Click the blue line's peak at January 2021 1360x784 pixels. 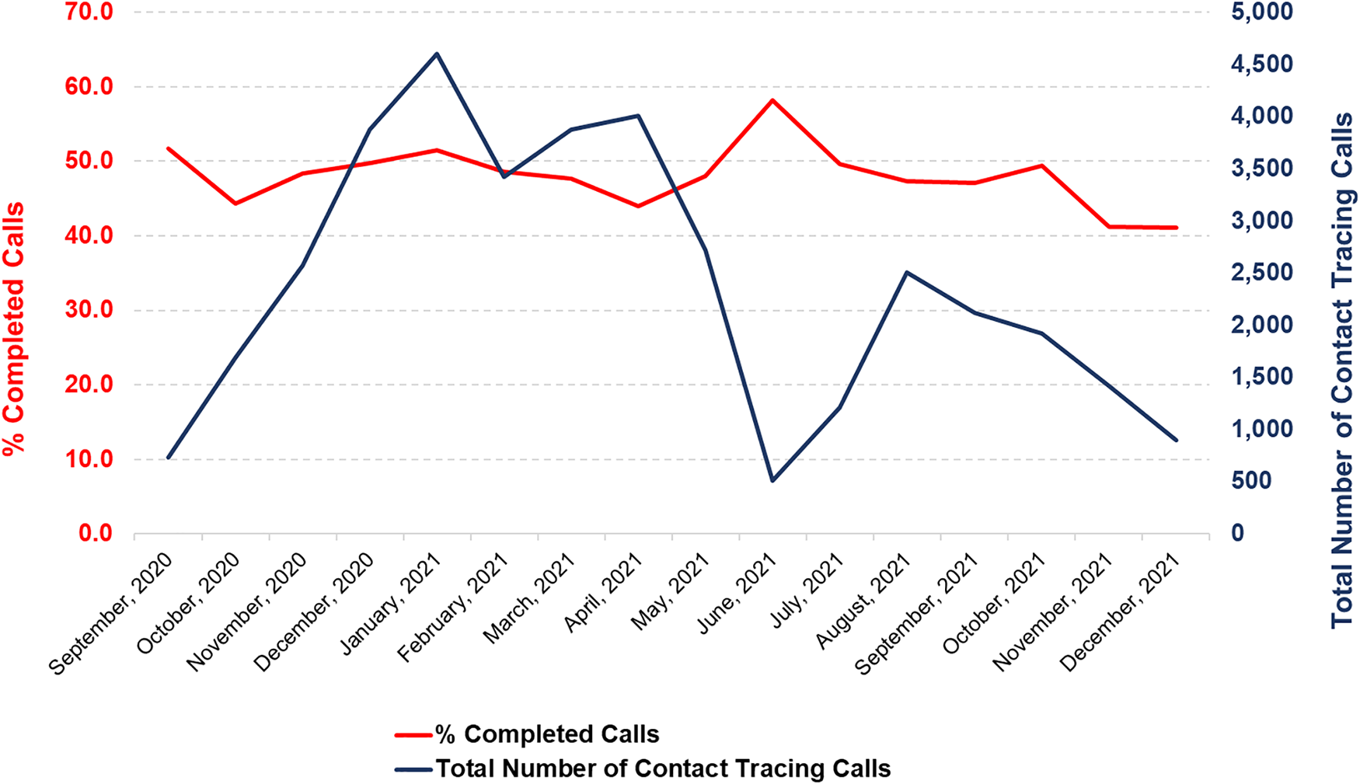(437, 54)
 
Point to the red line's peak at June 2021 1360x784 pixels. (772, 100)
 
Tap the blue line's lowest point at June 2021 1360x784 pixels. (772, 481)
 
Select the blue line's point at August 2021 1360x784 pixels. (907, 272)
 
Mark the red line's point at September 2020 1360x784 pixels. (168, 148)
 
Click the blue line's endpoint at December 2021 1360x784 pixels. (1177, 440)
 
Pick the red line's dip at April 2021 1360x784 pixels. (638, 206)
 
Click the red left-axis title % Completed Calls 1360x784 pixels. (13, 329)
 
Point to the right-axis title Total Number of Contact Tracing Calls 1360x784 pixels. (1342, 371)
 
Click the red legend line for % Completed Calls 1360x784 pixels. (413, 735)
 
